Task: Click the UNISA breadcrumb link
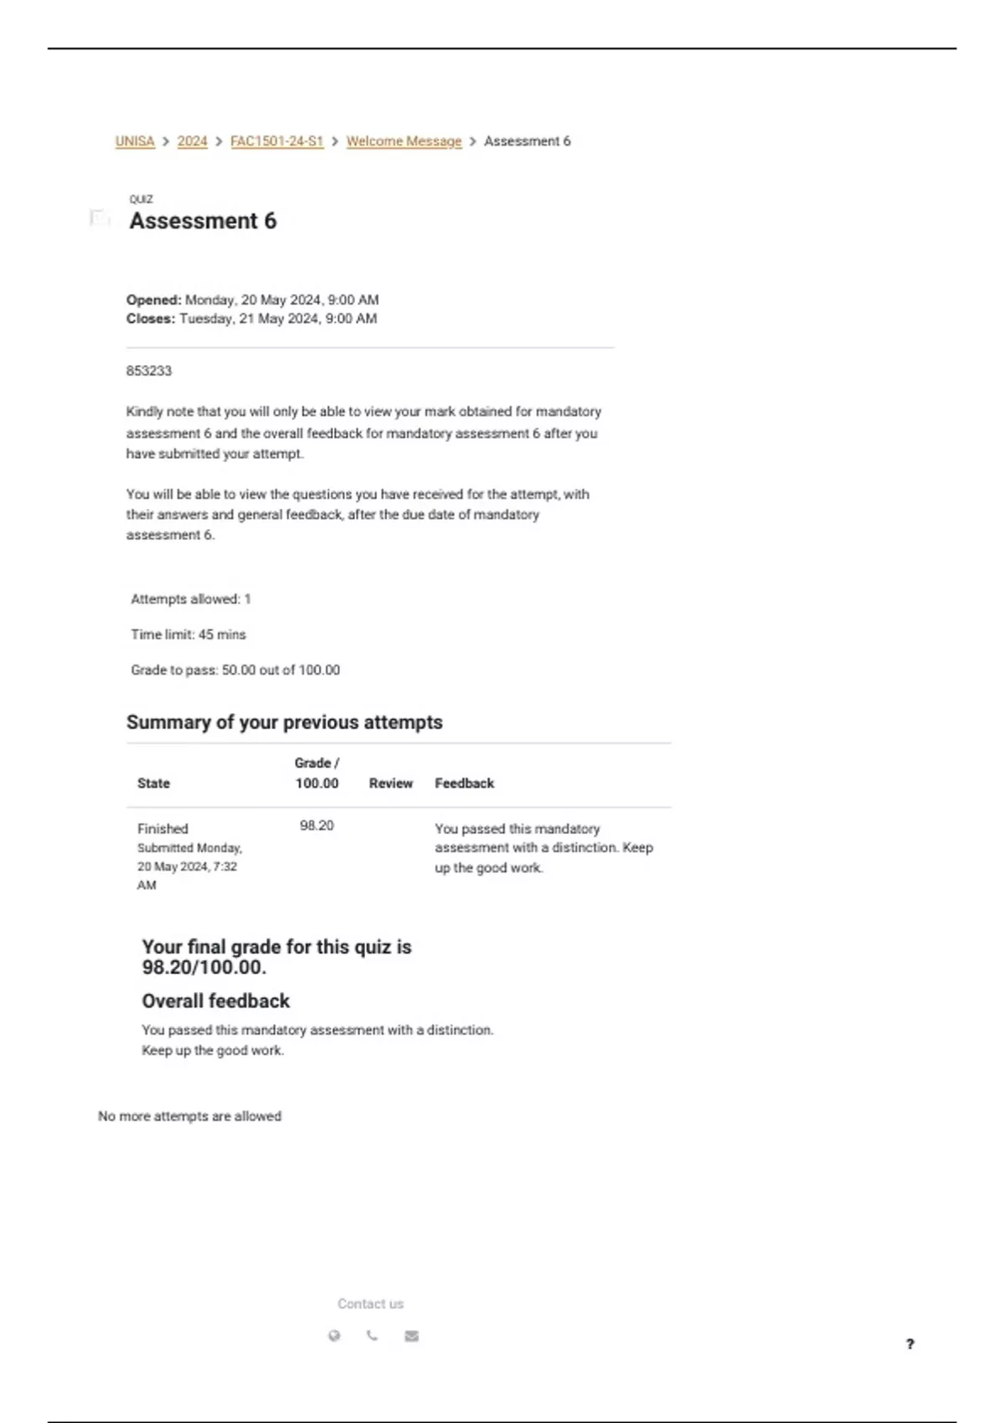135,141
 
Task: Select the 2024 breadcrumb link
192,141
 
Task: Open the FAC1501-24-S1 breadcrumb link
276,141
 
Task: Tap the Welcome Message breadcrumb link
404,141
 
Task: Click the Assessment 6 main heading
203,221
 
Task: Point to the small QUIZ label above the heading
141,199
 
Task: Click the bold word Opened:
154,300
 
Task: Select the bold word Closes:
151,319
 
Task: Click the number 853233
149,371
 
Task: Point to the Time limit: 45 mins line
188,634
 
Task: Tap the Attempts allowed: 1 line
191,599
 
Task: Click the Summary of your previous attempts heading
284,722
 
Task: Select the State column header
153,783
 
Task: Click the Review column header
390,783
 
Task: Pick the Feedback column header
464,783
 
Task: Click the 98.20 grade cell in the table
317,826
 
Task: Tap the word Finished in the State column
162,829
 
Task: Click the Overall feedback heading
215,1001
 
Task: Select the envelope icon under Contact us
411,1336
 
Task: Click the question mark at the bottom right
910,1344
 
